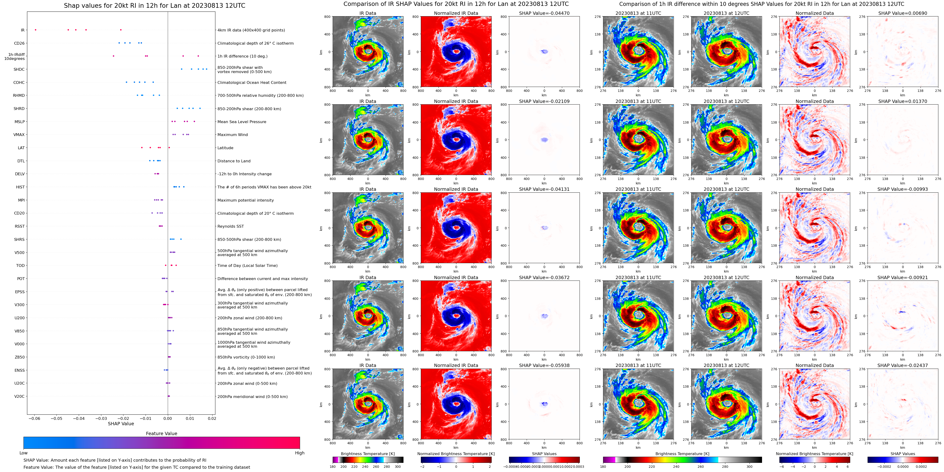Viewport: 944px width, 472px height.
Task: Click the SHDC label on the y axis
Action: (x=19, y=70)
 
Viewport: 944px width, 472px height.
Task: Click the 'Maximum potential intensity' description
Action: (x=245, y=200)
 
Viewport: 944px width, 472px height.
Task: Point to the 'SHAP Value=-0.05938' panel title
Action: (x=544, y=365)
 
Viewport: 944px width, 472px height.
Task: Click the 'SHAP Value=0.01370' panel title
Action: (x=903, y=101)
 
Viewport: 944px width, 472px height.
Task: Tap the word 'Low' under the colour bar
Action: (x=24, y=453)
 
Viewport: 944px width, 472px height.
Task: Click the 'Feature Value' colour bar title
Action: (x=162, y=433)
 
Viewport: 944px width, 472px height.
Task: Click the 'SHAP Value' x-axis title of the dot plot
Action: (x=121, y=424)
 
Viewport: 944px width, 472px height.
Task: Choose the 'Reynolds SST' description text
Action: (x=230, y=226)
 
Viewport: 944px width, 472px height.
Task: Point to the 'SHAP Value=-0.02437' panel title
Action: (x=903, y=365)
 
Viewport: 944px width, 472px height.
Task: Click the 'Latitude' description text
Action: (x=225, y=148)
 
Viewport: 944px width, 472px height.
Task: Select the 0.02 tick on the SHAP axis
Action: (x=212, y=418)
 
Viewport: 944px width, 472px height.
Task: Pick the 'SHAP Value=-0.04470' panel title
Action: (x=544, y=13)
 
